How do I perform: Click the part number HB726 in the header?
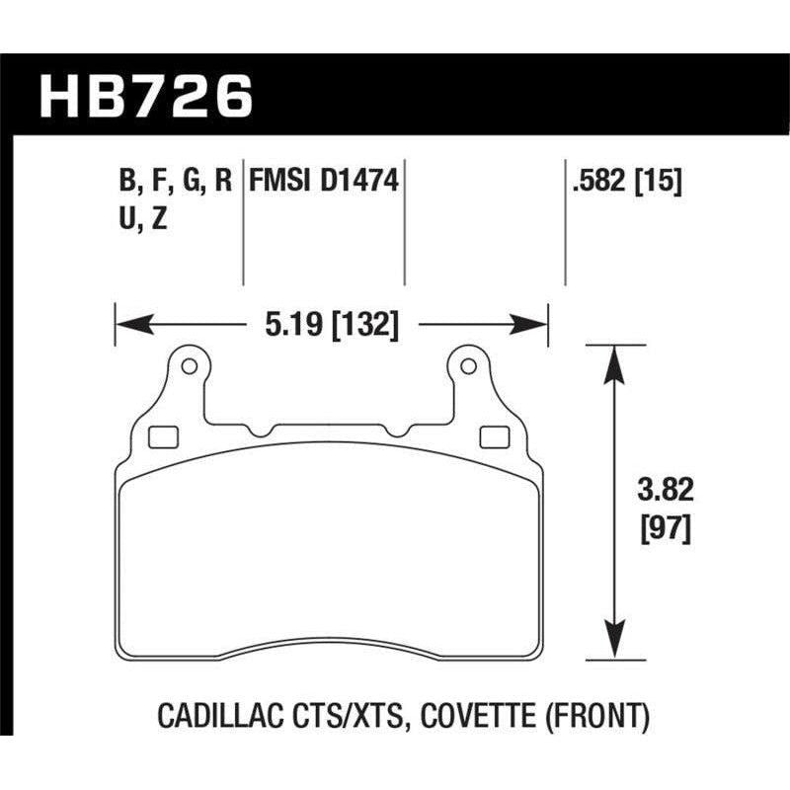point(145,97)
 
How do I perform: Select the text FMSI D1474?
point(324,182)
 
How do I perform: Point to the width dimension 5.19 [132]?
point(332,323)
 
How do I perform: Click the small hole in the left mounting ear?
point(189,368)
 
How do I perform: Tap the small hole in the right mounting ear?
point(468,368)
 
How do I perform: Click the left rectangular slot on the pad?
point(161,435)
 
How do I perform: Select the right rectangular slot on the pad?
point(491,435)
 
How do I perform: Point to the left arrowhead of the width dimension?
point(128,323)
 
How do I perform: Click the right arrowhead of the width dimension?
point(534,323)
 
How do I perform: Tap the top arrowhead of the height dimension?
point(614,358)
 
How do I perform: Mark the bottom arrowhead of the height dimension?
point(614,645)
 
